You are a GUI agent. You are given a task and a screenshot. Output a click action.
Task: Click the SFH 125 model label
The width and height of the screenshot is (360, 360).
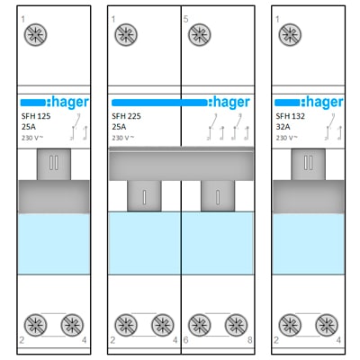(x=36, y=116)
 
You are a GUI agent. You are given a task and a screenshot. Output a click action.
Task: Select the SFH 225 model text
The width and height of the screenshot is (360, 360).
(x=126, y=116)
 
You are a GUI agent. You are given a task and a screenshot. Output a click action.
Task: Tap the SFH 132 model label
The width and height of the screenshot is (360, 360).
(x=290, y=116)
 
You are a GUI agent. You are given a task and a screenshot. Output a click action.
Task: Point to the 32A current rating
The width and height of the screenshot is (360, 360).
(x=283, y=127)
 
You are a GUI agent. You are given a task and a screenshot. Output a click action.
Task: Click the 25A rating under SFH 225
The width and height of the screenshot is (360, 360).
(x=119, y=127)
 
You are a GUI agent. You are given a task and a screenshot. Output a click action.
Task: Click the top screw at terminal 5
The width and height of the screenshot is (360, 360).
(x=200, y=35)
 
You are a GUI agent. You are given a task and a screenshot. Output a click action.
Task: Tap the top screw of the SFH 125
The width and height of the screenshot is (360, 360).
(x=35, y=35)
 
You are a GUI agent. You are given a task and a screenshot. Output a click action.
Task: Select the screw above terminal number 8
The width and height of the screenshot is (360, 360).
(x=236, y=325)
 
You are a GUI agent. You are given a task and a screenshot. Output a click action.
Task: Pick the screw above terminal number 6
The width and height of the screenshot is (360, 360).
(x=200, y=325)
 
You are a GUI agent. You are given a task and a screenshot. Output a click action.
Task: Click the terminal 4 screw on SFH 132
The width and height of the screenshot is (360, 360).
(x=327, y=325)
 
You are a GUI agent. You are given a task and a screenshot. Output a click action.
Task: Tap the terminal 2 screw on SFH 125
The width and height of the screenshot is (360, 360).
(x=35, y=325)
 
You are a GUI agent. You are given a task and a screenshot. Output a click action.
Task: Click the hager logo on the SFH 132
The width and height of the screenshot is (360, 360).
(x=309, y=103)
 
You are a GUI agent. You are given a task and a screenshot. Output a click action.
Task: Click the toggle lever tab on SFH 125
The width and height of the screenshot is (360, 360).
(x=54, y=164)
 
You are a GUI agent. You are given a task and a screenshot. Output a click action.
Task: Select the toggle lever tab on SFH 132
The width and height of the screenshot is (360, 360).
(x=309, y=164)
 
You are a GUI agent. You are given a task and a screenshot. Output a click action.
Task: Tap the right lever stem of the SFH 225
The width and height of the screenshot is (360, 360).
(x=218, y=196)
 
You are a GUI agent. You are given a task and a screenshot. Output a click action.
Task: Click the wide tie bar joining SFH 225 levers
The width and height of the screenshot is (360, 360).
(x=181, y=164)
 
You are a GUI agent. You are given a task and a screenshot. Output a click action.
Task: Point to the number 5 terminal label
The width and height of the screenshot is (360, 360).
(x=185, y=20)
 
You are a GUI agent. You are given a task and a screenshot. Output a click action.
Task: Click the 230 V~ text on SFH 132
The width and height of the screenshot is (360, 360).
(x=287, y=138)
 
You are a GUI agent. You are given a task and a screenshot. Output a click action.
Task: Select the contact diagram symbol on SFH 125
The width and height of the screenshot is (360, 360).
(x=78, y=127)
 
